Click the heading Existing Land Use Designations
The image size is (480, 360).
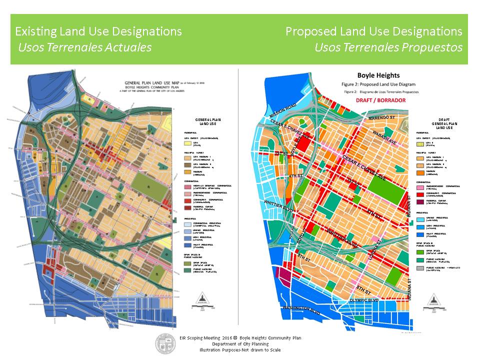98,31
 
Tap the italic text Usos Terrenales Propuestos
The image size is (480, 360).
388,47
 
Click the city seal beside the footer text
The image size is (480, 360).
165,343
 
